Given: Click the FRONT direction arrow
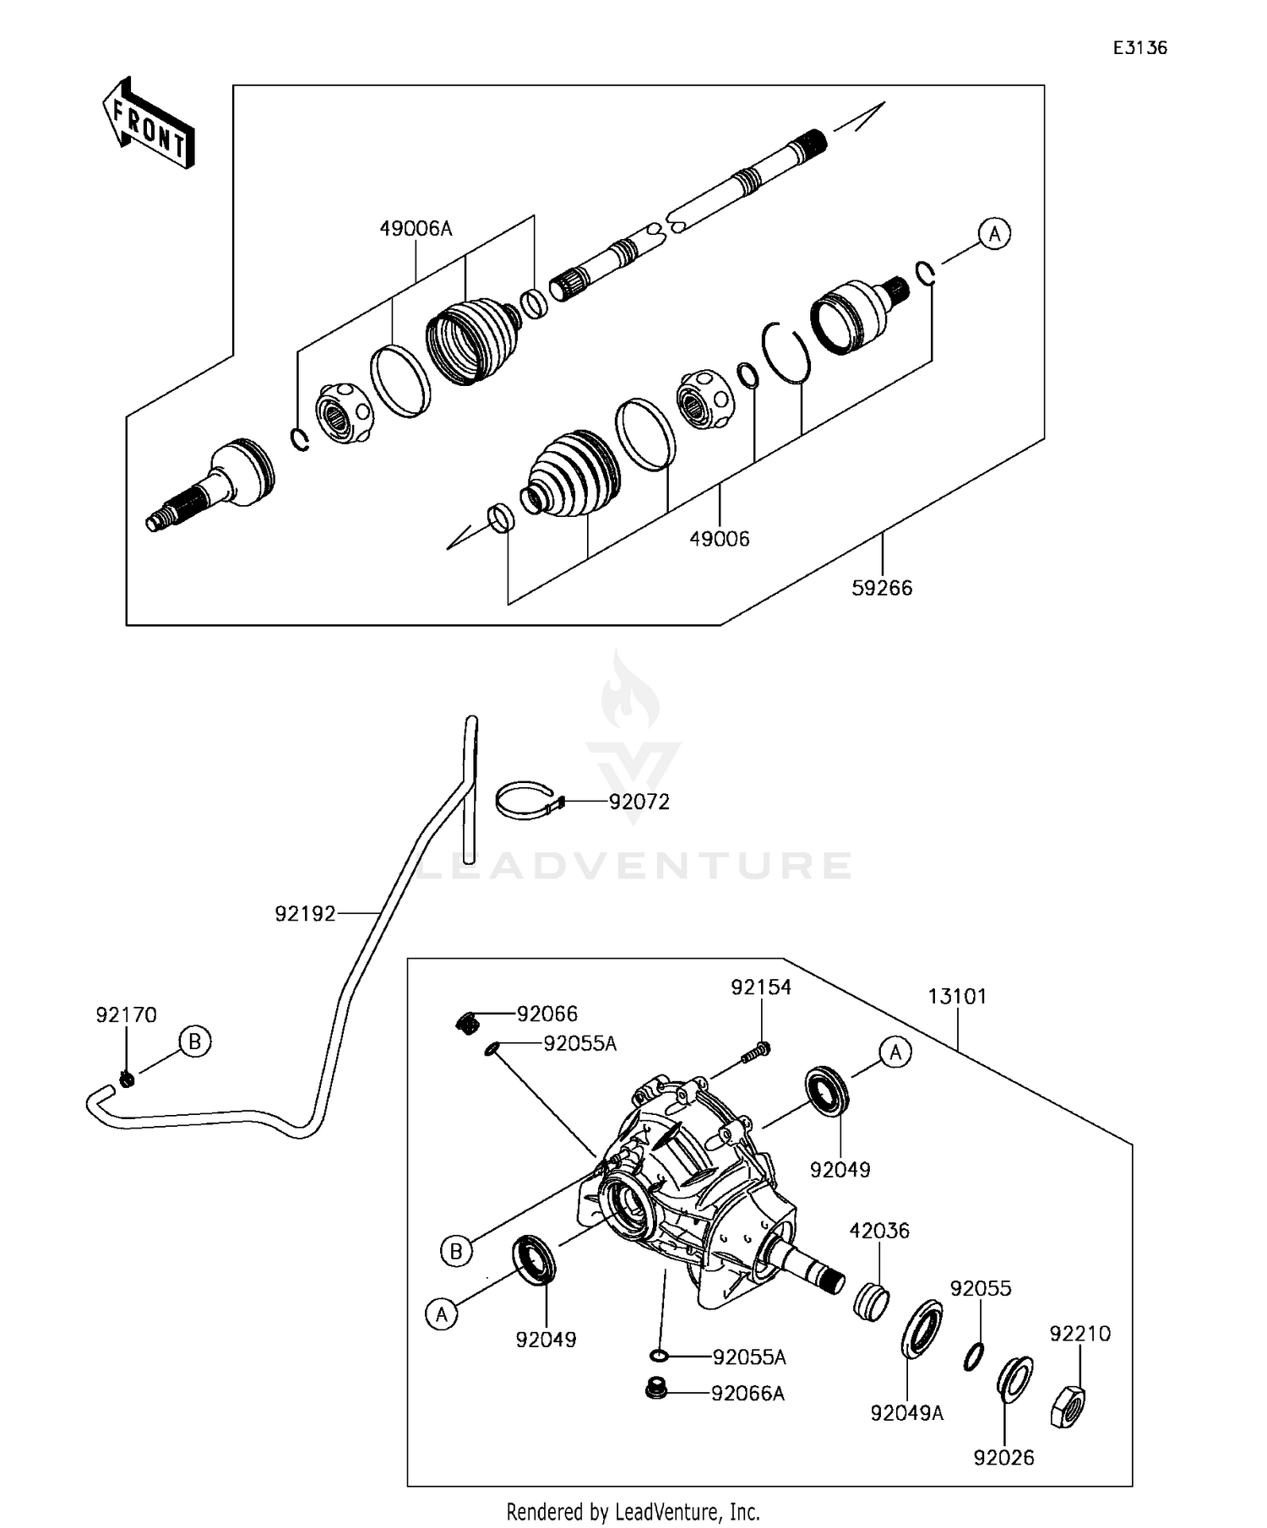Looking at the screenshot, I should click(149, 124).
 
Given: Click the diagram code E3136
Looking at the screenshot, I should click(1139, 48).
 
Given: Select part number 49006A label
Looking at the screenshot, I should click(416, 228).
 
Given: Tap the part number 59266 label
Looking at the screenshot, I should click(882, 588).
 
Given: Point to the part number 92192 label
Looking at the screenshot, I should click(305, 914).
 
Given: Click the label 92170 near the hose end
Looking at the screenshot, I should click(126, 1014).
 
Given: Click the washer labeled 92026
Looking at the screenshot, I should click(1014, 1378).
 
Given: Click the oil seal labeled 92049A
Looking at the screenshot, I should click(921, 1330).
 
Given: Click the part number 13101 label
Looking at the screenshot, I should click(957, 997).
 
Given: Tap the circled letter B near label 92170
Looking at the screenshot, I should click(194, 1041).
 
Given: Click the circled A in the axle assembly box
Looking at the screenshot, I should click(994, 233).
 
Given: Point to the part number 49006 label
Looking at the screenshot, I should click(720, 539).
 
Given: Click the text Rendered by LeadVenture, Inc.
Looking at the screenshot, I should click(633, 1511).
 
